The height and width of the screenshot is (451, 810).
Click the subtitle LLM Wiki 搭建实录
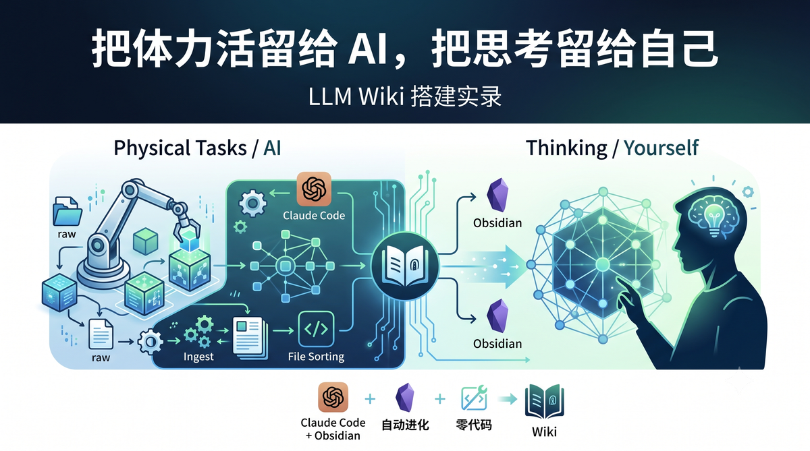pos(405,96)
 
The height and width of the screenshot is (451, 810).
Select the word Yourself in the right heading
pos(661,148)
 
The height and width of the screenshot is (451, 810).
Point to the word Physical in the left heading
pos(153,148)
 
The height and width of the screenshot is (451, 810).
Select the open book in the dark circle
pos(405,266)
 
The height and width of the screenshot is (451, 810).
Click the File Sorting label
pos(316,357)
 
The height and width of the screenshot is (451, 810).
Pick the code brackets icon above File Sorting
pos(316,329)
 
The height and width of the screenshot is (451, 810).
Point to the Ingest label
pos(198,357)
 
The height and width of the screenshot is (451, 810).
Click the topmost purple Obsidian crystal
pos(497,195)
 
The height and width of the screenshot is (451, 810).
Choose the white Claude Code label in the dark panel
pos(314,216)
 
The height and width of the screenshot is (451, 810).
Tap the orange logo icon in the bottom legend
pos(333,397)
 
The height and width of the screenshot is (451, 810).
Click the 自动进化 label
pos(406,425)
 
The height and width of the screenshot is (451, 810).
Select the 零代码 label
pos(474,425)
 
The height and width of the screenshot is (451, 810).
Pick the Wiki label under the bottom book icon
pos(544,432)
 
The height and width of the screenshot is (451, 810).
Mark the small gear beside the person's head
pos(747,192)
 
